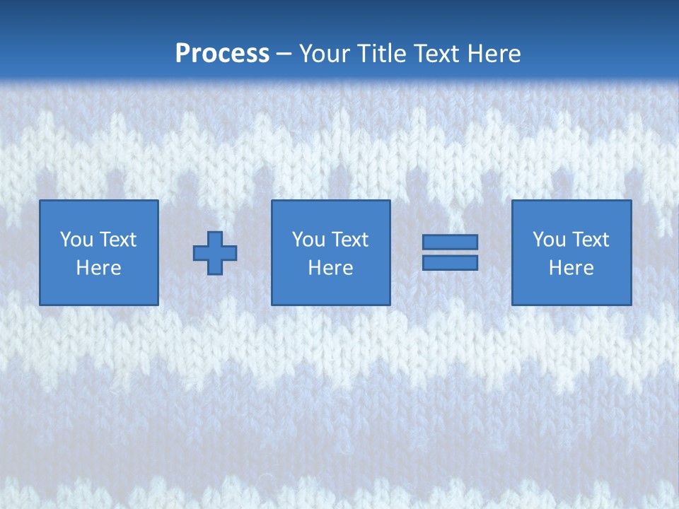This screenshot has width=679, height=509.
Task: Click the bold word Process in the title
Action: point(222,54)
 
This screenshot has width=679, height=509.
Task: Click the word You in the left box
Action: point(76,240)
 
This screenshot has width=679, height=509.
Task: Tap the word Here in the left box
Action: point(98,268)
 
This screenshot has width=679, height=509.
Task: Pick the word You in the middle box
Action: point(308,240)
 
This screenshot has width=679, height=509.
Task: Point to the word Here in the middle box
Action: point(330,268)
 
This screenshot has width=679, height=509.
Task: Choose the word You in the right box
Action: point(549,240)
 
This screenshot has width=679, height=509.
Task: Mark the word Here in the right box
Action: point(571,268)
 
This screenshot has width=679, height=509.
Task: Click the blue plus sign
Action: point(215,252)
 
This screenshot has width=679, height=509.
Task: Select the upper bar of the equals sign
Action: point(450,242)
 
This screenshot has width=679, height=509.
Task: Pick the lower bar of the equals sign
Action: point(450,262)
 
